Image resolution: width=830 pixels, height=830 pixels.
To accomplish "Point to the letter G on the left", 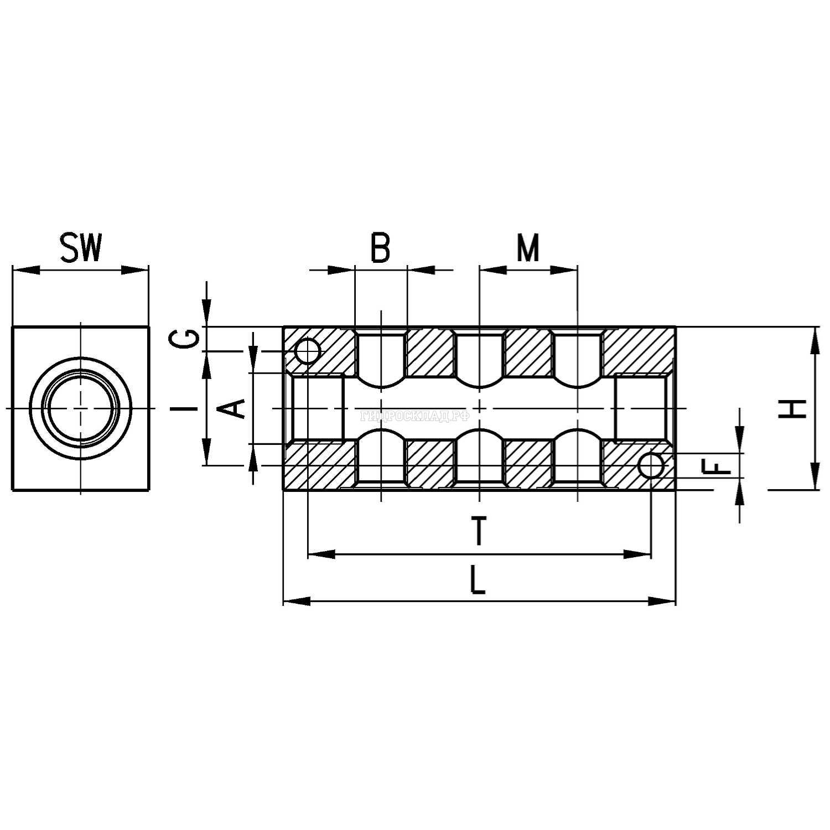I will (x=189, y=338).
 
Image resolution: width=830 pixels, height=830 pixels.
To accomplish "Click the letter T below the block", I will (x=479, y=531).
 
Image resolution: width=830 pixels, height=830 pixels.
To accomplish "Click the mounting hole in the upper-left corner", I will (x=307, y=351).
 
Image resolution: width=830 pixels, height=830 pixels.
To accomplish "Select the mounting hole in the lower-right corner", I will (x=651, y=466).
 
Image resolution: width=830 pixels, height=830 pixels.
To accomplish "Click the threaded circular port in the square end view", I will (x=81, y=408).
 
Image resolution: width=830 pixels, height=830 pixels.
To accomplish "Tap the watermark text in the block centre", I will (x=414, y=415).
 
